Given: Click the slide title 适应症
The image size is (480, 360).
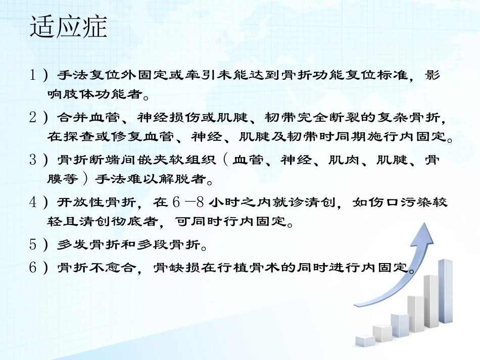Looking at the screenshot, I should coord(69,27).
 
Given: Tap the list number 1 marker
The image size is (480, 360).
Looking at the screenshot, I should coord(34,75).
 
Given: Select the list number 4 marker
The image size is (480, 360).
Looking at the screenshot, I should coord(34,202).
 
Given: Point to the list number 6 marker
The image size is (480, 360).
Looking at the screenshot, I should coord(34,267).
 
